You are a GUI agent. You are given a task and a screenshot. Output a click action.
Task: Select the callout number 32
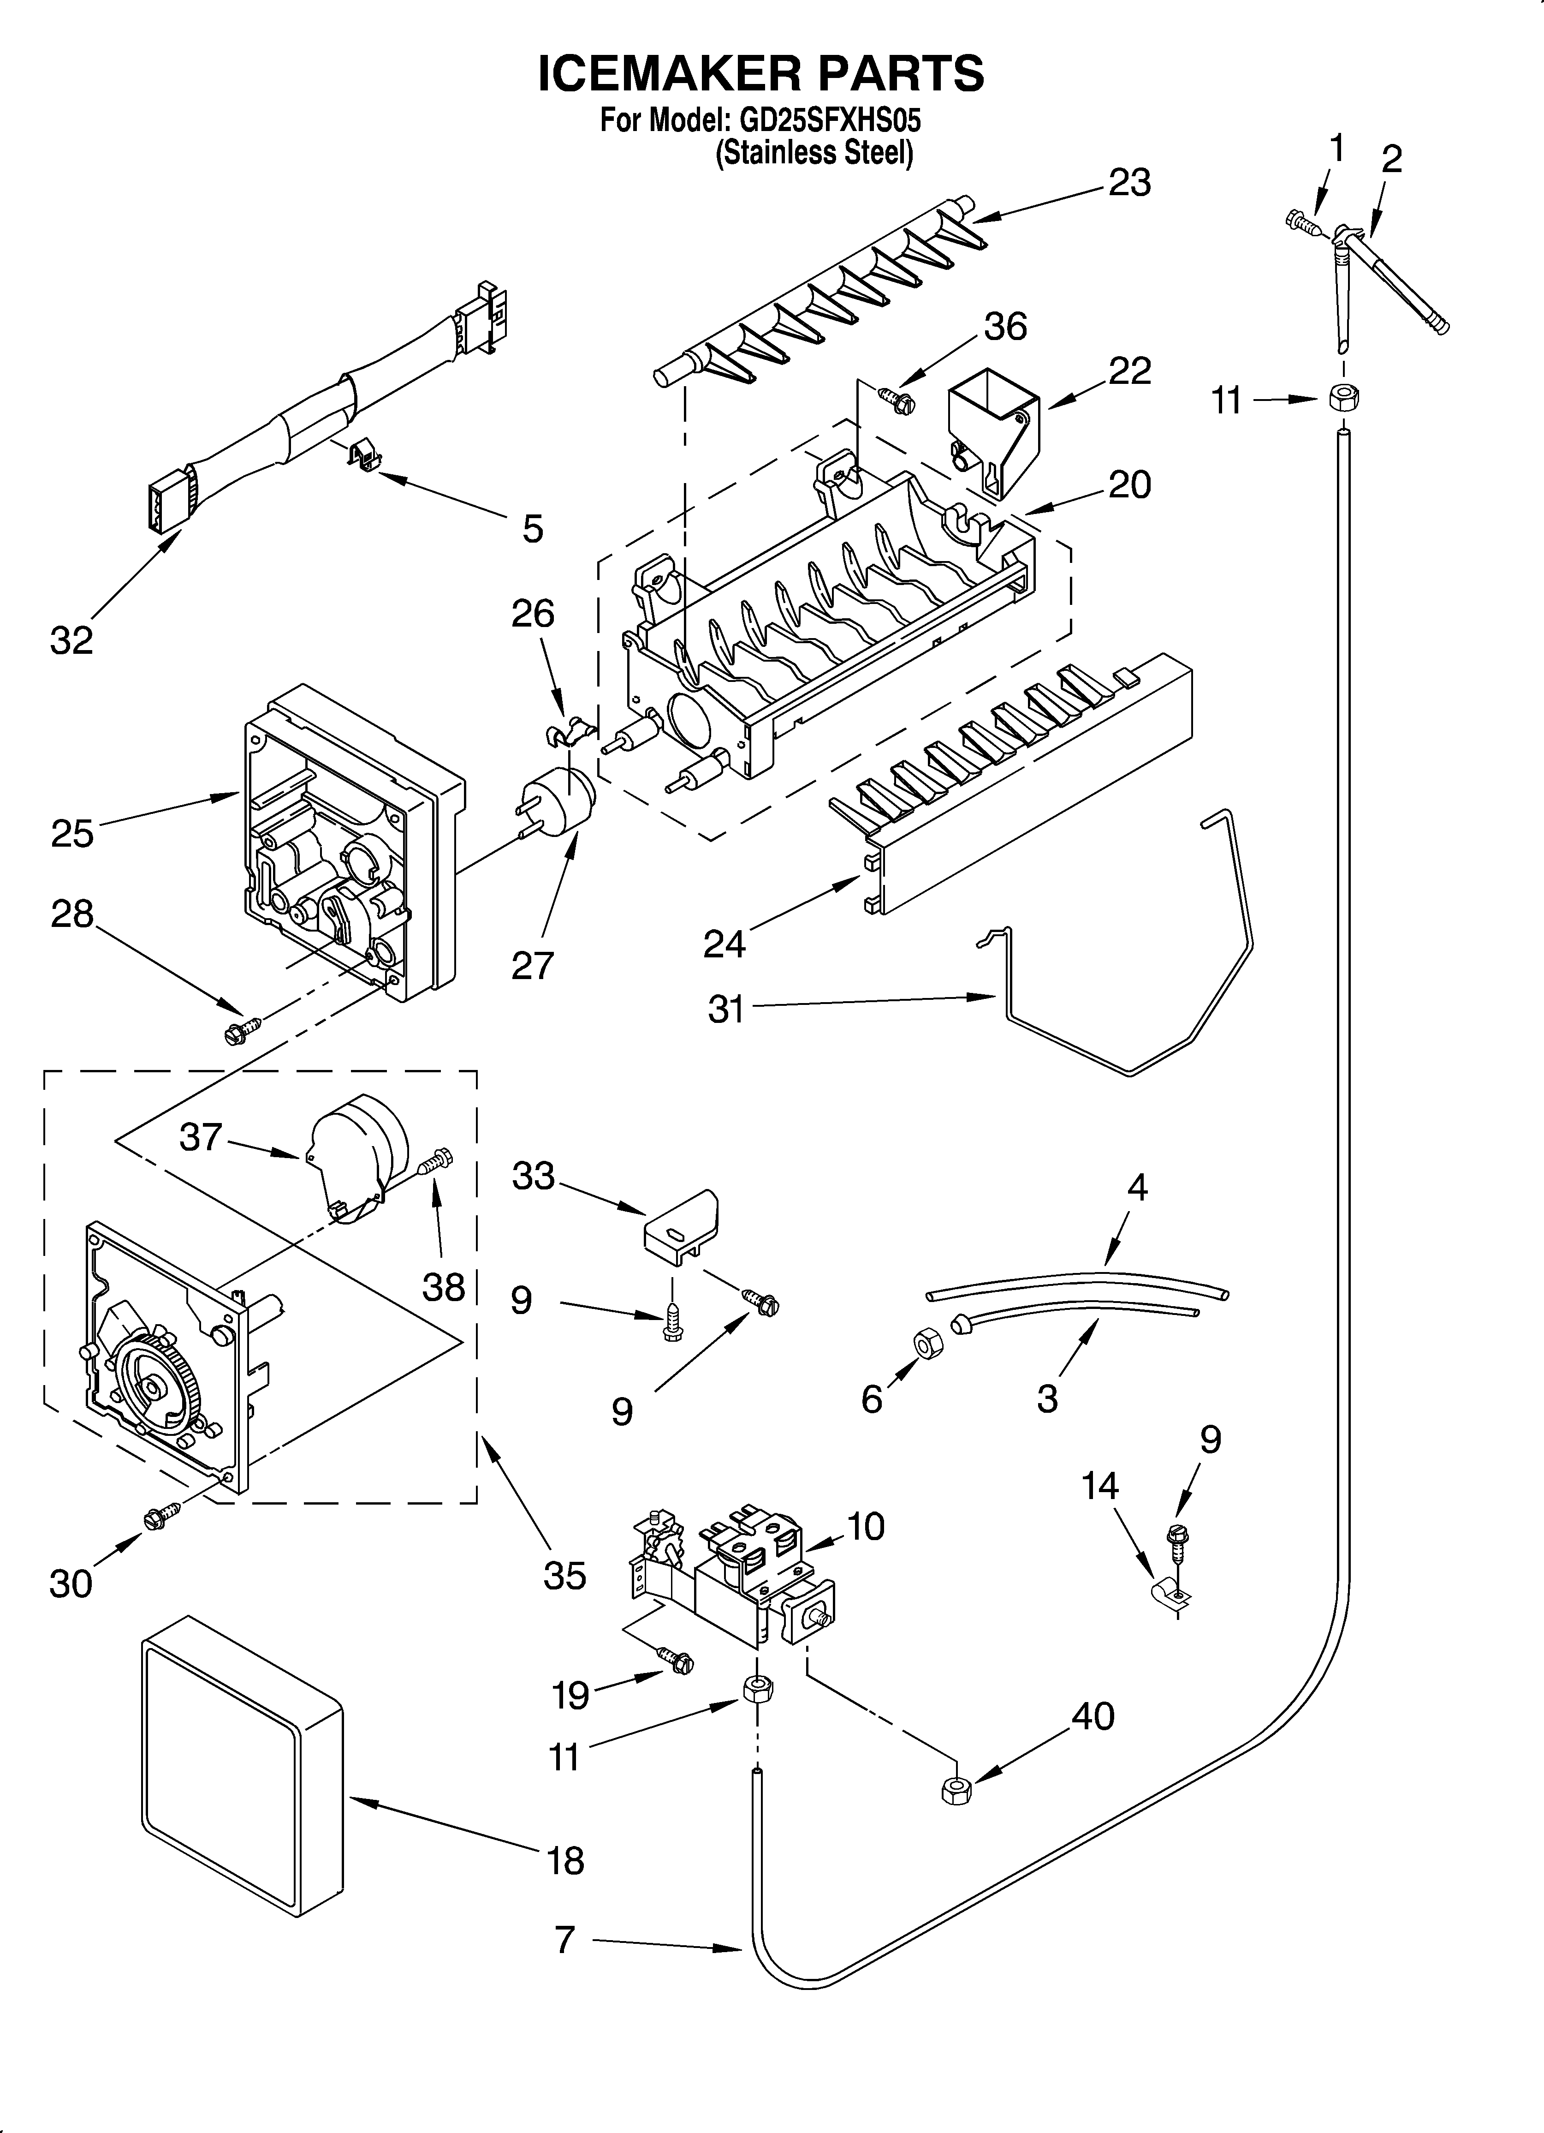point(71,640)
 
